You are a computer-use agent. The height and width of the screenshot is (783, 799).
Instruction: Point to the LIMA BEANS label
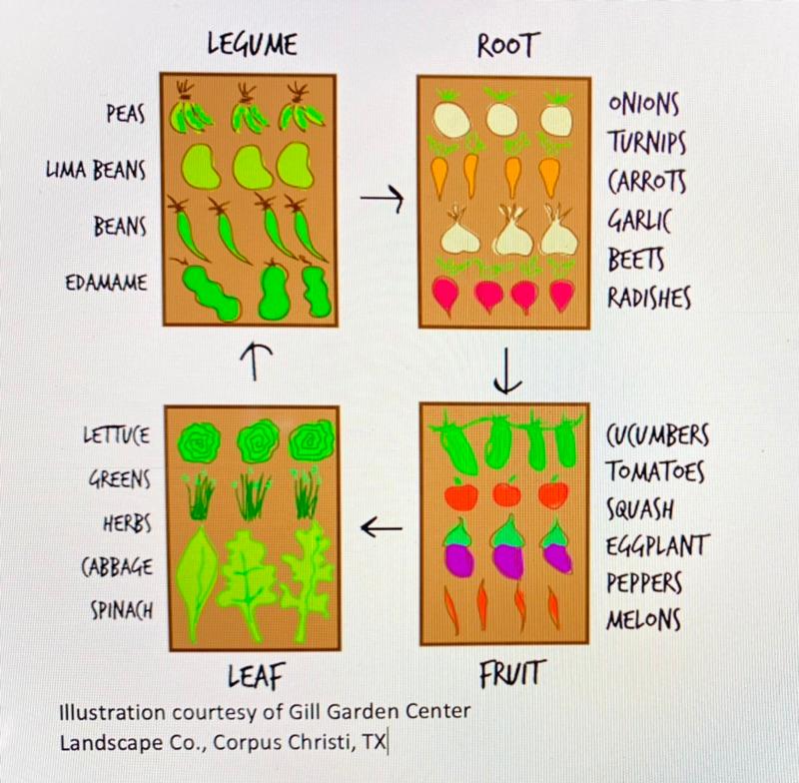[96, 170]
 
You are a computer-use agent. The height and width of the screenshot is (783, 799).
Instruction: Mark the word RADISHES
[650, 297]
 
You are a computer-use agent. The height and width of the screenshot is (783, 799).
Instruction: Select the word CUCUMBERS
[658, 436]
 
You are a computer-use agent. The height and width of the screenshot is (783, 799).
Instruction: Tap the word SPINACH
[117, 608]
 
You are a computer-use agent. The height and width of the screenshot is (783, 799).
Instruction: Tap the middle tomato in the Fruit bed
[506, 491]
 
